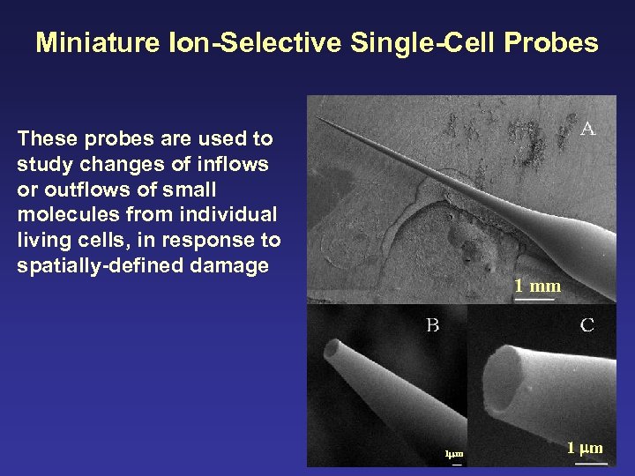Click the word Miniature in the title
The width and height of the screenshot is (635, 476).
click(98, 42)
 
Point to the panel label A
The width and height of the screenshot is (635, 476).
click(587, 129)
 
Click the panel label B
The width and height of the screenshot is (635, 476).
click(432, 325)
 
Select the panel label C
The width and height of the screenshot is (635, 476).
click(586, 325)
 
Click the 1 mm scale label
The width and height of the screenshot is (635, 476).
click(537, 286)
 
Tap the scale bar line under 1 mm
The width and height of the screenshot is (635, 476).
click(535, 299)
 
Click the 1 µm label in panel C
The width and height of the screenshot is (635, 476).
click(585, 448)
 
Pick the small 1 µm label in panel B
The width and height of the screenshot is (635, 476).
click(454, 455)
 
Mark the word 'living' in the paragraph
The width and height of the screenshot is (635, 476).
click(43, 241)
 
